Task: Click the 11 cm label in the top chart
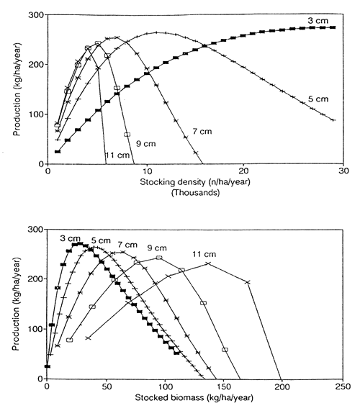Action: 111,155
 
